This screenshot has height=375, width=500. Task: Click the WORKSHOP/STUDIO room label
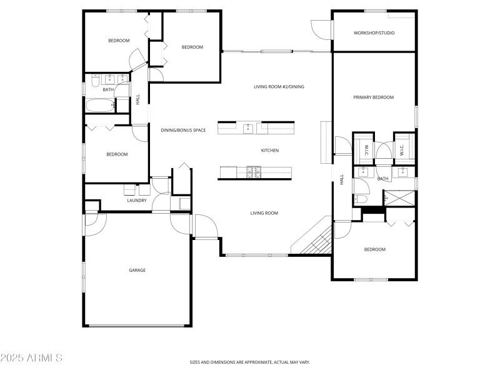(x=374, y=33)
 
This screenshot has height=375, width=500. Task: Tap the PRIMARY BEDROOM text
(x=374, y=97)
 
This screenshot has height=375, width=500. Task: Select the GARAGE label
(x=137, y=270)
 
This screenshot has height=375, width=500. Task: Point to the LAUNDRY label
(x=137, y=201)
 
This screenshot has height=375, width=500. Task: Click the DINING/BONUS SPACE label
(x=183, y=130)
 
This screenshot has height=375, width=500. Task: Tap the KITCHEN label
(x=269, y=151)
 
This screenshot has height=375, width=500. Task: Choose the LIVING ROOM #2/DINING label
(x=279, y=87)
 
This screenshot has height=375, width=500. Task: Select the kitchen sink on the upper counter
(x=247, y=127)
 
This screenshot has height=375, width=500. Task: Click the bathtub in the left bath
(x=101, y=106)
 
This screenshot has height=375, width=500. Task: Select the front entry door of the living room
(x=205, y=226)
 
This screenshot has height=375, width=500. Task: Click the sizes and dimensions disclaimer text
(x=250, y=362)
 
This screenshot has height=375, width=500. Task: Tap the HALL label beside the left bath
(x=138, y=99)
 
